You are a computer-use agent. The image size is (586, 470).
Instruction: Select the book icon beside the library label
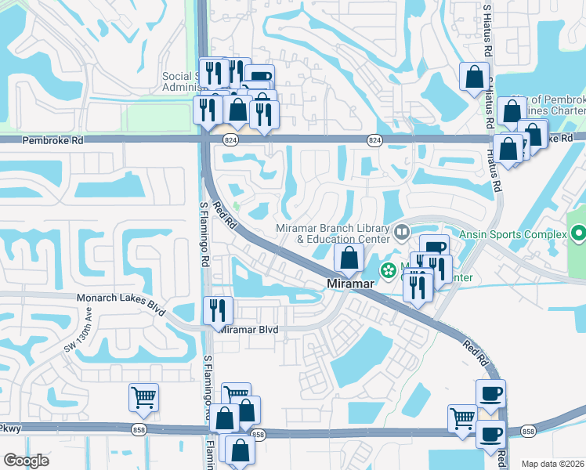402,231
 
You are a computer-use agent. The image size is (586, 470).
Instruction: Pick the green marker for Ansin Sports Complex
578,233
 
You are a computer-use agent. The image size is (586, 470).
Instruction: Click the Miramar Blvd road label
248,331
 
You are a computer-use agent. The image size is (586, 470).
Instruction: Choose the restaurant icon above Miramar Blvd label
217,309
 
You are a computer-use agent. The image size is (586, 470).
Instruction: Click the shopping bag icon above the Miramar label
349,256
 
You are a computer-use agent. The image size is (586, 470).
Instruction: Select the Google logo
26,461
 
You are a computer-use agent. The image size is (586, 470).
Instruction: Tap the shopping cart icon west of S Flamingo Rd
143,397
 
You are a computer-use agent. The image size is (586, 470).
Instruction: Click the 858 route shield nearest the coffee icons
527,432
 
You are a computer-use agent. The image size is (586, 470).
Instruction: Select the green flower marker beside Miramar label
388,271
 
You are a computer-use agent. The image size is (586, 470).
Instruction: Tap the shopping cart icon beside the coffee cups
462,418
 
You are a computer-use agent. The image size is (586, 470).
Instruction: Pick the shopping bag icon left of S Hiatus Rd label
474,77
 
